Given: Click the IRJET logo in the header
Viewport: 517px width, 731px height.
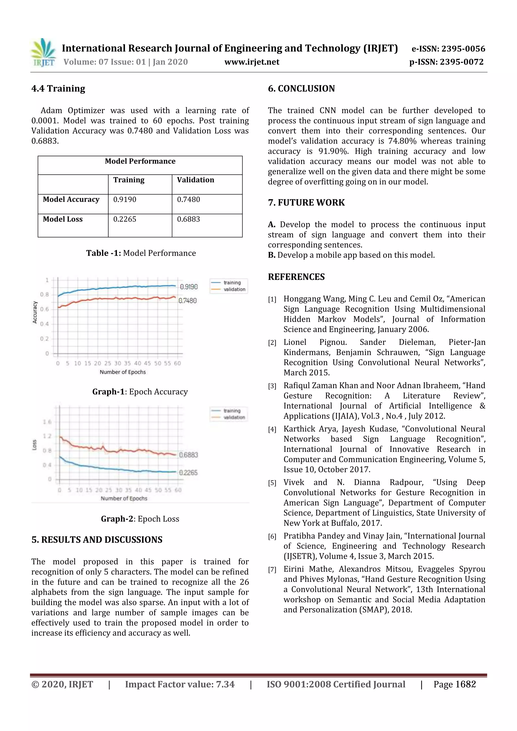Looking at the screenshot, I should pos(43,53).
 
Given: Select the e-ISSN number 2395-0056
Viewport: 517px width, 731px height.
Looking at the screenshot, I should pos(463,49).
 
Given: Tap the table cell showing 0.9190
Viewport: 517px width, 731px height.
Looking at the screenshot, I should pos(125,200).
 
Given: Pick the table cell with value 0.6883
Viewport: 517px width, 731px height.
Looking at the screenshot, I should pos(189,219).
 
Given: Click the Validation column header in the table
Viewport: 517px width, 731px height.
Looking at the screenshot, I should pos(195,180).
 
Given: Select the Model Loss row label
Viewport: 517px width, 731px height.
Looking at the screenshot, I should pos(63,219).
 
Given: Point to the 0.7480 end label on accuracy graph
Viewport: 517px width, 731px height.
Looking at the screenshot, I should pos(188,301).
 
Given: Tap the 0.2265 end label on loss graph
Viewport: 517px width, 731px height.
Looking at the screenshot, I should pos(188,473).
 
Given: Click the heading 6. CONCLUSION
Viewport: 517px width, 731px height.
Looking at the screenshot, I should pos(301,89).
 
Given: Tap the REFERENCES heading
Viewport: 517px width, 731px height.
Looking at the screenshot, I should pos(296,277).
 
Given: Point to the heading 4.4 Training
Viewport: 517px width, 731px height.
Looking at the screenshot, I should pos(58,89).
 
